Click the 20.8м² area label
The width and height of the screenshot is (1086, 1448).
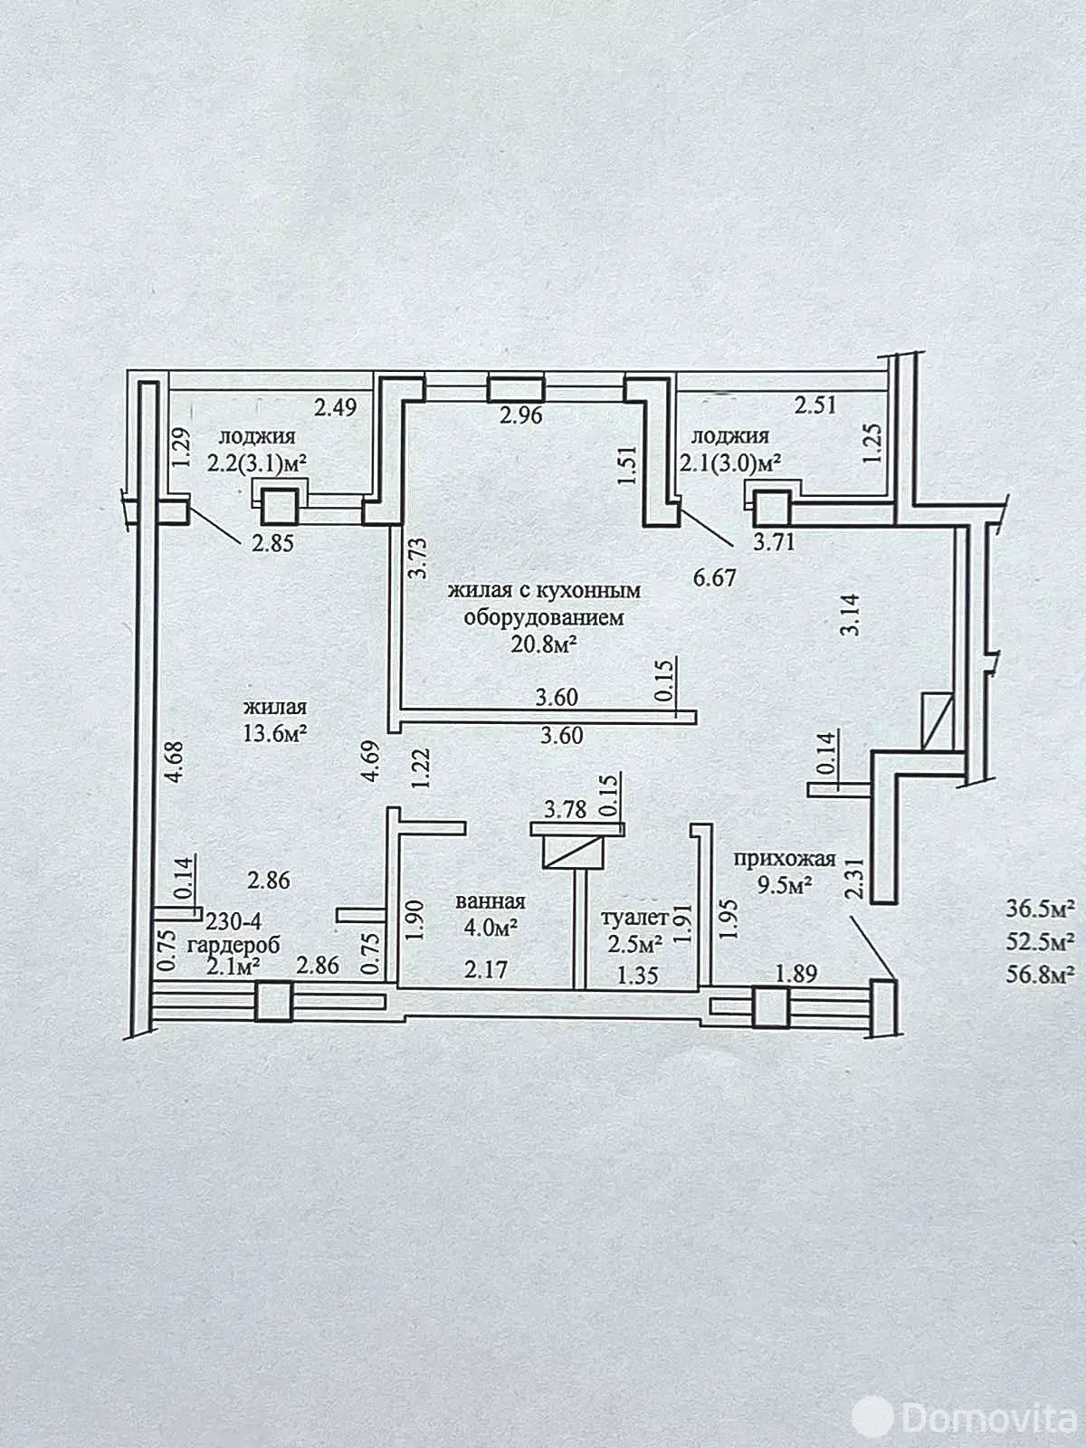[x=545, y=645]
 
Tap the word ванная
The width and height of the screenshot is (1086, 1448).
[x=491, y=901]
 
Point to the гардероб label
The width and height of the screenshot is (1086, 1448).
[x=233, y=944]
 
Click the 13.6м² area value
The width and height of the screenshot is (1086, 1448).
[x=275, y=733]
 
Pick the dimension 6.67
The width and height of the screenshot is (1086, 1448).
[x=715, y=577]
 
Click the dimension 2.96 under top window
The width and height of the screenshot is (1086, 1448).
[x=521, y=416]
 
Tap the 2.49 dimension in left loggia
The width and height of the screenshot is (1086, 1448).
[x=336, y=407]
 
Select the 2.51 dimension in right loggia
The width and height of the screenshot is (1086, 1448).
[x=815, y=405]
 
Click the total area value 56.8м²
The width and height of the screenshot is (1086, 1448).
[x=1040, y=975]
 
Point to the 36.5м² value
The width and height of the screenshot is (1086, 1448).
[x=1040, y=908]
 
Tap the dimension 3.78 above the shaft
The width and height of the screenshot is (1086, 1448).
[x=565, y=808]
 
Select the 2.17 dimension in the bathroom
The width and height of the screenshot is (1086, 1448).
[x=486, y=969]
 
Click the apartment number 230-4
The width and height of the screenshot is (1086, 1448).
[x=233, y=922]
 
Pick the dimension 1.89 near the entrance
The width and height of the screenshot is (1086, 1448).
[x=797, y=974]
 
